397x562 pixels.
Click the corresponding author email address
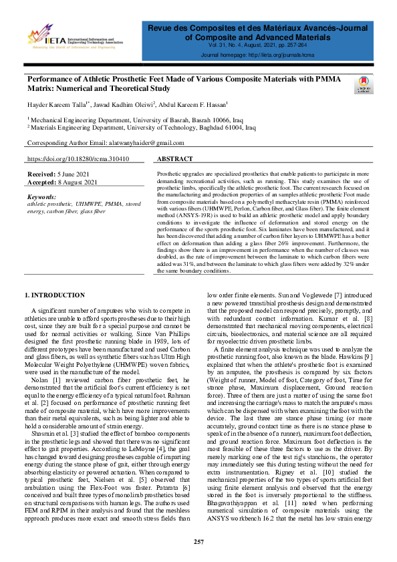144,144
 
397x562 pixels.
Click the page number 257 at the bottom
198,541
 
